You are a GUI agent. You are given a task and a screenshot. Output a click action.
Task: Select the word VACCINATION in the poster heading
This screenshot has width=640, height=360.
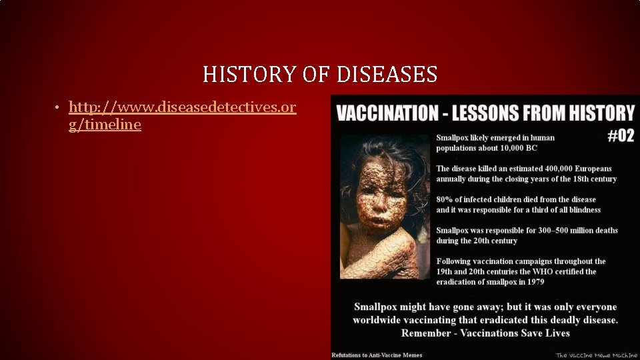pyautogui.click(x=385, y=113)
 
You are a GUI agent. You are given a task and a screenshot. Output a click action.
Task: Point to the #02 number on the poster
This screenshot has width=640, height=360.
pyautogui.click(x=621, y=136)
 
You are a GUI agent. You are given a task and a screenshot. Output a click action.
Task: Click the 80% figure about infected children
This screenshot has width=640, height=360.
pyautogui.click(x=444, y=199)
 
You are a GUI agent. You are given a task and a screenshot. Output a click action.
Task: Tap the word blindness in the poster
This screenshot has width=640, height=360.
pyautogui.click(x=579, y=209)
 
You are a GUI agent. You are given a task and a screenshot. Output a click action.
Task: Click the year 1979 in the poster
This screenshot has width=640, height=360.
pyautogui.click(x=534, y=282)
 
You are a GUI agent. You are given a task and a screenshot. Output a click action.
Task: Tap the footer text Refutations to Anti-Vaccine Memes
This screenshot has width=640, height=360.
pyautogui.click(x=377, y=355)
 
